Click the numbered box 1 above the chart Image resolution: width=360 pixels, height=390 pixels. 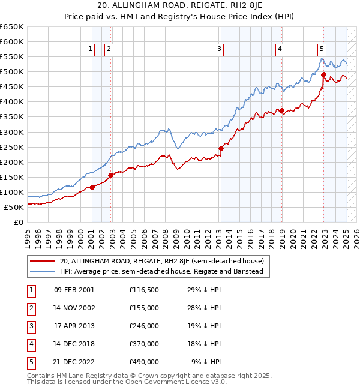click(90, 49)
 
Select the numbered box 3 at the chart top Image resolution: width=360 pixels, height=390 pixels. click(220, 49)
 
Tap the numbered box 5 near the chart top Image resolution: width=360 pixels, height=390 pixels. click(322, 49)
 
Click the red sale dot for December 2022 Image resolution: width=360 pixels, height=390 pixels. click(323, 75)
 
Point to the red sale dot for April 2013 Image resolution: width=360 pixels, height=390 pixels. click(221, 148)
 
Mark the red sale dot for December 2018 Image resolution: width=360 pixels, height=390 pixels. click(281, 110)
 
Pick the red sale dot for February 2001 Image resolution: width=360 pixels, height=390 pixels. click(92, 187)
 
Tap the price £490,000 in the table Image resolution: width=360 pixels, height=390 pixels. click(144, 362)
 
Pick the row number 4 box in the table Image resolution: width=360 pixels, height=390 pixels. click(31, 344)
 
